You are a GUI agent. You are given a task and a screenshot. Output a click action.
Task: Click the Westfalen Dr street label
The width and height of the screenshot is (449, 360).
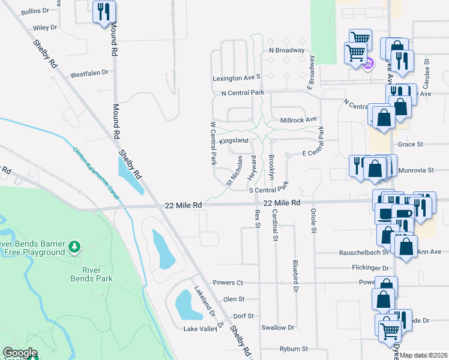pos(89,73)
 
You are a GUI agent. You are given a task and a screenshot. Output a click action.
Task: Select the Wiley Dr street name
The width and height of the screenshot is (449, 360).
pos(45,28)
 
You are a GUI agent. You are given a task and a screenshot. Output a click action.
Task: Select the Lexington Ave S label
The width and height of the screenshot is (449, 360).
pos(237,78)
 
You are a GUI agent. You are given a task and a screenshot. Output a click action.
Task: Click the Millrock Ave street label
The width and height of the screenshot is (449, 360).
pos(298,120)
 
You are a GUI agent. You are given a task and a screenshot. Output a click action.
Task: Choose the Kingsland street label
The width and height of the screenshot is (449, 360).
pos(234,140)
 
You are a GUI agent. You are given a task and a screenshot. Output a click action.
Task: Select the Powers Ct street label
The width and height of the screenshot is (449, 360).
pos(228,283)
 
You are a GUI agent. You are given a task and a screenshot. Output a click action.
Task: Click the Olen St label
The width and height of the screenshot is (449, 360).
pos(234,299)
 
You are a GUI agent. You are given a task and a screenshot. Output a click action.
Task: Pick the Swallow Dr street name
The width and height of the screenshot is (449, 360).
pos(278,328)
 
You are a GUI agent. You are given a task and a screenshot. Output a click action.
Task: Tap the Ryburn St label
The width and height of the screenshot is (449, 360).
pos(294,349)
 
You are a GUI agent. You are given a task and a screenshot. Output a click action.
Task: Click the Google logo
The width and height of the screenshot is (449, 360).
pos(19,353)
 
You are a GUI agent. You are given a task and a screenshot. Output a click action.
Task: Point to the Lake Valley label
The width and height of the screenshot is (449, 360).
pos(200,329)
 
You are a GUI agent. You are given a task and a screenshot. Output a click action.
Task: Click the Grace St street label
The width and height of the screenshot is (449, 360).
pos(411,145)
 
